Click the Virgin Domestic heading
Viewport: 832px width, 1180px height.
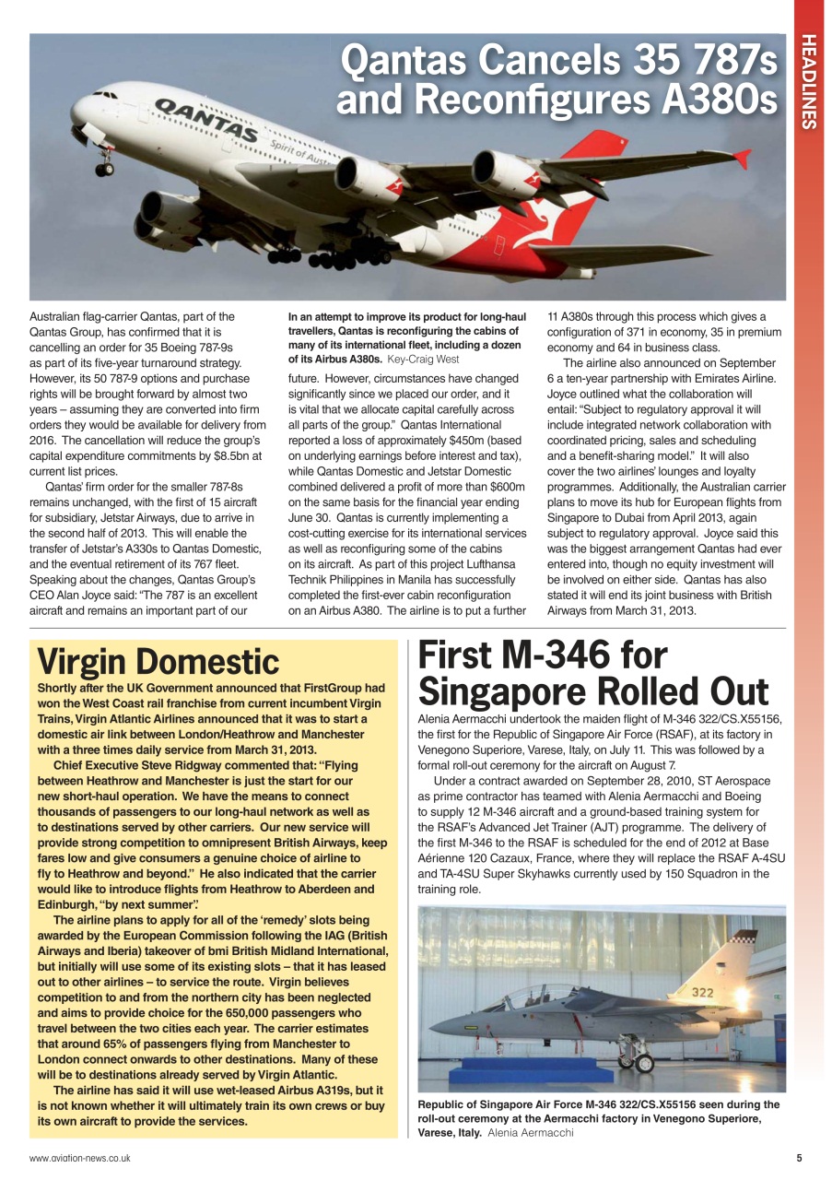158,661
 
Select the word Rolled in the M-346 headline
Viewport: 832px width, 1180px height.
621,691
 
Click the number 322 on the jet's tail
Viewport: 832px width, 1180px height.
703,992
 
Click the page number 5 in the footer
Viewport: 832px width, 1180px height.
799,1158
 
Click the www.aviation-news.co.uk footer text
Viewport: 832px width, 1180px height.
79,1158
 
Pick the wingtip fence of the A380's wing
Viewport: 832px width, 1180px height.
741,158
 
